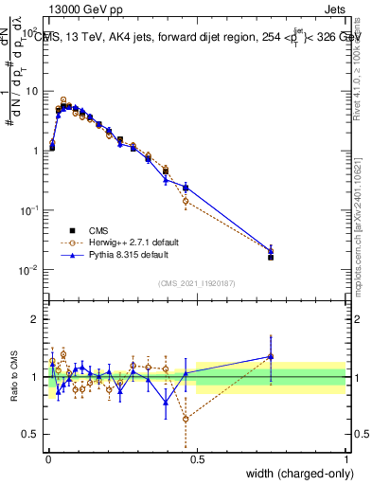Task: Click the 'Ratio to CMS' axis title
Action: (x=13, y=376)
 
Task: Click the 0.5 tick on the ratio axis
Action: (x=29, y=434)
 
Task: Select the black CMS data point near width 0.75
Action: (x=271, y=257)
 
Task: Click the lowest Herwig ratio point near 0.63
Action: (x=186, y=419)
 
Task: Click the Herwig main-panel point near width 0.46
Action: (x=186, y=201)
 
